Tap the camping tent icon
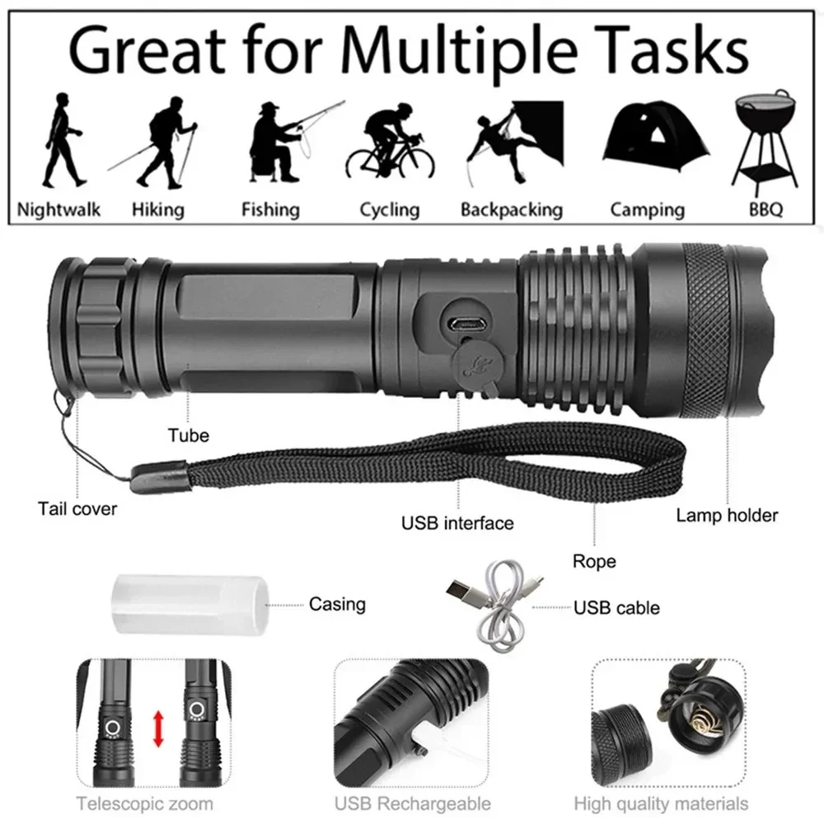647,135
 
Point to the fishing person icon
276,140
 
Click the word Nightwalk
59,209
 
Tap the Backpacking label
511,209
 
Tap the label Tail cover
77,508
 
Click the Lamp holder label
727,516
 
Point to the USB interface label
457,522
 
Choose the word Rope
594,562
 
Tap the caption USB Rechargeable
413,803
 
